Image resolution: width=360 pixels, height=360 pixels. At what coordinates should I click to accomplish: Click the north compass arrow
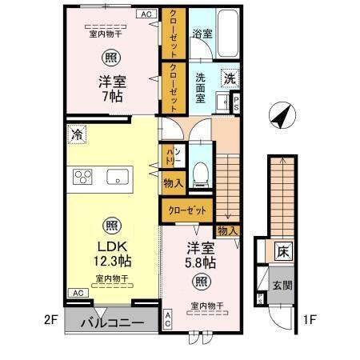(281, 116)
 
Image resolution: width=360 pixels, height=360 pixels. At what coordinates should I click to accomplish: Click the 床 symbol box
(282, 250)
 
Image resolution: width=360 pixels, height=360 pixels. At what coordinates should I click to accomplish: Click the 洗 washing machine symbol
(230, 79)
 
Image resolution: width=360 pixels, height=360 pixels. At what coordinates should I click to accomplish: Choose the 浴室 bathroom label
(202, 34)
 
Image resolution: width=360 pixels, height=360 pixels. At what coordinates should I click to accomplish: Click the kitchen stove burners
(83, 177)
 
